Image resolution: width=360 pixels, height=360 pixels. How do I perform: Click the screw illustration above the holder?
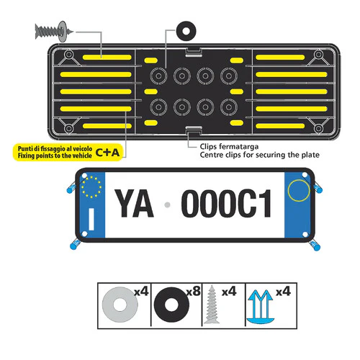[53, 31]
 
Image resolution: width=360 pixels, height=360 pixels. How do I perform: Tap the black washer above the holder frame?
[186, 31]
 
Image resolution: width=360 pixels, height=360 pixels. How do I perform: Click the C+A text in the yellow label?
[107, 153]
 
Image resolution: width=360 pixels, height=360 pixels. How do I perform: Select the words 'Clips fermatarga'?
[229, 146]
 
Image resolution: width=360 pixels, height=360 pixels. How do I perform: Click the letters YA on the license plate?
[134, 203]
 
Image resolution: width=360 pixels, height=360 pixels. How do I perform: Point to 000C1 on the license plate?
[226, 203]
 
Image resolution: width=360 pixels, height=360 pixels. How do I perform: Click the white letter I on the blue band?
[91, 219]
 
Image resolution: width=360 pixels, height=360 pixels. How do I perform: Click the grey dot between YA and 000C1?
[168, 204]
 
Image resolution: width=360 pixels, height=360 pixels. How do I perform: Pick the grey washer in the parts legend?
[120, 305]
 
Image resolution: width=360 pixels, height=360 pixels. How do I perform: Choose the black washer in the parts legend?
[171, 305]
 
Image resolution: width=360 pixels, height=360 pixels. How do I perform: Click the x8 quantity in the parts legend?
[193, 291]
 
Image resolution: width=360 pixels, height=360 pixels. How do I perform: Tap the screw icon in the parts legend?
[212, 304]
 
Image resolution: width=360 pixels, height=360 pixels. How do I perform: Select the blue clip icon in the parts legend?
[260, 307]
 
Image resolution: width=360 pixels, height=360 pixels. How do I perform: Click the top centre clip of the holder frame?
[193, 52]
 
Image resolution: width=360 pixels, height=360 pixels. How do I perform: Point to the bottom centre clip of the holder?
[193, 131]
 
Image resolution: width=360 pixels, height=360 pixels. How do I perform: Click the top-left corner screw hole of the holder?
[69, 55]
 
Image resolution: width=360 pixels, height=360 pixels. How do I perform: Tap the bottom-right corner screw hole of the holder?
[318, 128]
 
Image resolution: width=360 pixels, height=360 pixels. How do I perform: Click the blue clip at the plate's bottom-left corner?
[75, 244]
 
